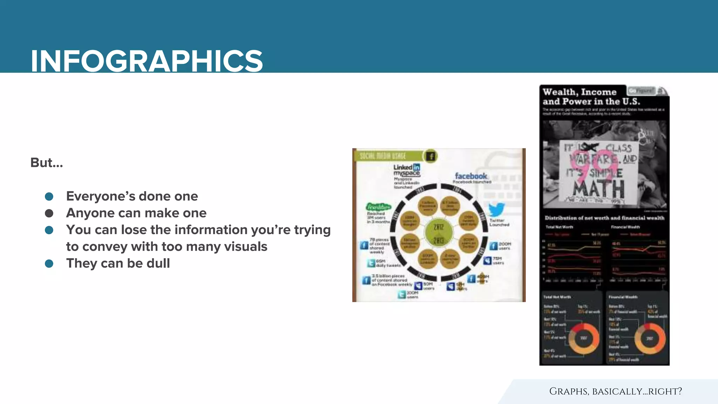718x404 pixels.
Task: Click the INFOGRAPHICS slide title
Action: pos(147,61)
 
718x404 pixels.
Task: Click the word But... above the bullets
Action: pos(47,163)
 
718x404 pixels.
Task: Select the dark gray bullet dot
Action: pos(49,213)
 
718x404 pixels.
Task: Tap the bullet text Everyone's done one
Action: pos(132,196)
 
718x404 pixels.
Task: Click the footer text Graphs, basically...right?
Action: pos(615,391)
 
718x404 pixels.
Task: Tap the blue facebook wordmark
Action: pos(471,176)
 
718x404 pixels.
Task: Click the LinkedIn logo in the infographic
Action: pos(407,167)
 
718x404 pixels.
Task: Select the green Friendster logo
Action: pos(378,207)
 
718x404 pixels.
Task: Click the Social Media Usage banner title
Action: pos(382,156)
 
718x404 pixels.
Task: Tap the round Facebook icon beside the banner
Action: pos(431,156)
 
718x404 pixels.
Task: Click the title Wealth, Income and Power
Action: pos(591,97)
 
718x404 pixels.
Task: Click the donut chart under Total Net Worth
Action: pos(583,338)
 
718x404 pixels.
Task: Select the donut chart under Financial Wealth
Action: pos(650,338)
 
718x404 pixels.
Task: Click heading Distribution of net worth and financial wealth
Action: pos(604,218)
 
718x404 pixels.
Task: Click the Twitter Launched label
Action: pos(499,223)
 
